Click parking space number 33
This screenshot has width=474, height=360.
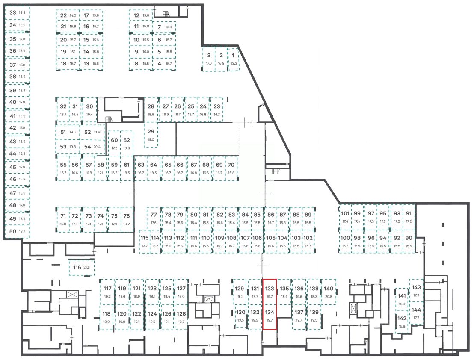17,13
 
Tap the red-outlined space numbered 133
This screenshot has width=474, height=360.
270,292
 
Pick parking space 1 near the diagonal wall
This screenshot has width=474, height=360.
233,59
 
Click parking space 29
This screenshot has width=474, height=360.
151,135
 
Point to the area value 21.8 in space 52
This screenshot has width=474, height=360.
98,133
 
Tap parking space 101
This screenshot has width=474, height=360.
345,217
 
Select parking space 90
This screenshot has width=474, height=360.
409,242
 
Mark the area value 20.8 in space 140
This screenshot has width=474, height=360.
329,297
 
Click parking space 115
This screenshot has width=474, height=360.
145,242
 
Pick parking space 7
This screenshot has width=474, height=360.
164,27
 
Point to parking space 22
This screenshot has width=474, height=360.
68,15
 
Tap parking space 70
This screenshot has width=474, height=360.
231,168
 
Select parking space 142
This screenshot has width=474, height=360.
402,322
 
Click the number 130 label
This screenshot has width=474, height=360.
240,312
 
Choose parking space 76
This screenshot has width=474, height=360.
127,219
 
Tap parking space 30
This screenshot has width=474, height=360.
89,110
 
